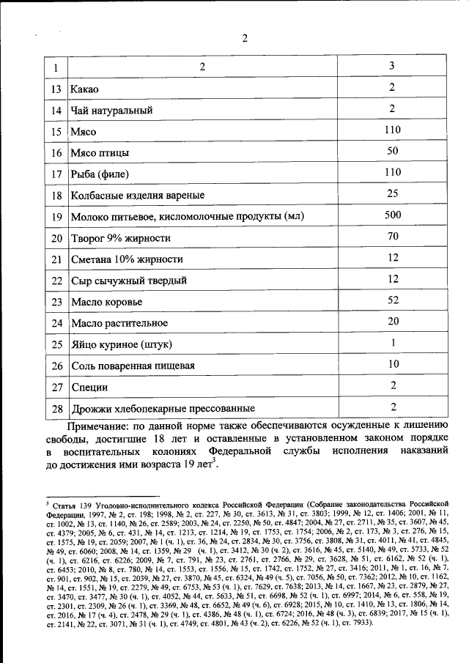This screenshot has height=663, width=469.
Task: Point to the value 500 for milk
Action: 393,216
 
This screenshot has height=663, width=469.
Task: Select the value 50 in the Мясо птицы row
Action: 393,152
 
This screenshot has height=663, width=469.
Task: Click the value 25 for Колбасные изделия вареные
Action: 393,194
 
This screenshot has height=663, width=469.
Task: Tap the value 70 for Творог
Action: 393,237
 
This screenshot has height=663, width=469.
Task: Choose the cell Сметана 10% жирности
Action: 126,260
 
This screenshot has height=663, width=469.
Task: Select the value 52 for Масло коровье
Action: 393,300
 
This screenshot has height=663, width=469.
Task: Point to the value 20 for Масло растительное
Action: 393,322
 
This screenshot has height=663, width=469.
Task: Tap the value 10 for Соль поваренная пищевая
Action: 393,364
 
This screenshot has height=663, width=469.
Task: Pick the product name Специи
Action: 89,387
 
